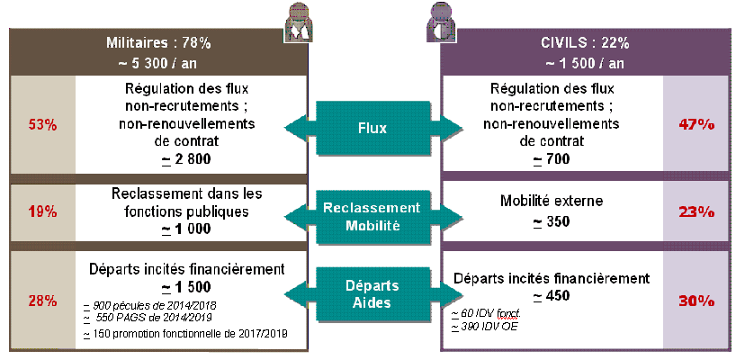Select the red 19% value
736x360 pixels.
(42, 212)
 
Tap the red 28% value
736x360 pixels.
(42, 301)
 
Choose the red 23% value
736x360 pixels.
(696, 212)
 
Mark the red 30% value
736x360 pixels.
(696, 301)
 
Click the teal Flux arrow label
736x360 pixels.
(372, 128)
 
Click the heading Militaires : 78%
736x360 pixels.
(162, 42)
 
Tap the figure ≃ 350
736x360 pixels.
(551, 221)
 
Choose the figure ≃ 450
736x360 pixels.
(551, 295)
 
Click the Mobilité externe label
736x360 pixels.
(551, 202)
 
